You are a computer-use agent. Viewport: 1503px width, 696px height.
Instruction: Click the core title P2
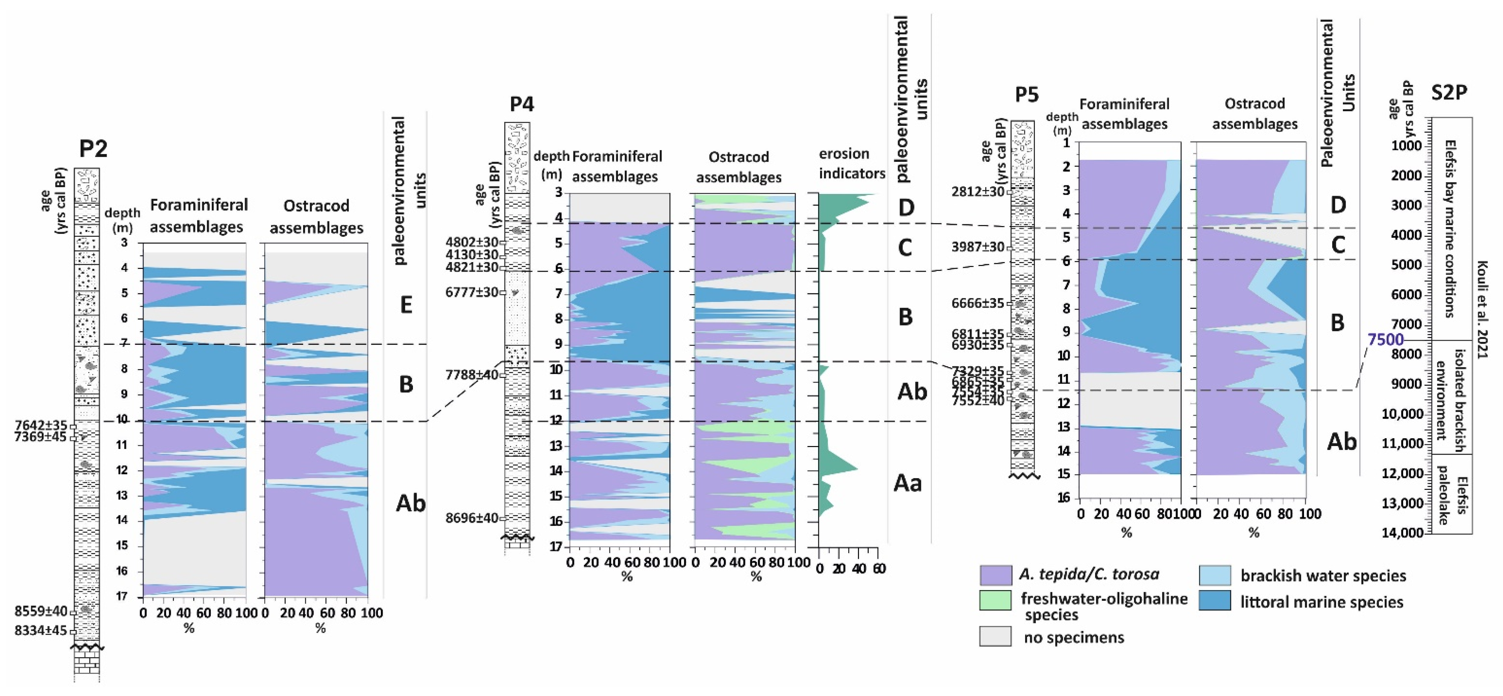pyautogui.click(x=93, y=149)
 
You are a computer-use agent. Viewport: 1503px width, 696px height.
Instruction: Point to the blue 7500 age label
pyautogui.click(x=1385, y=339)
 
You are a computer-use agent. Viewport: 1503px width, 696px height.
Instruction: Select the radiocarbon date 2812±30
pyautogui.click(x=978, y=191)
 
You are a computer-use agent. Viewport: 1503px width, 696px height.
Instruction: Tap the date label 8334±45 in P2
pyautogui.click(x=41, y=631)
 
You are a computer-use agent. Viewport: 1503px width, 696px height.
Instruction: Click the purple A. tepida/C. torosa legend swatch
pyautogui.click(x=995, y=575)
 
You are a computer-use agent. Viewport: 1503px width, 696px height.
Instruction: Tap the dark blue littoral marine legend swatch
pyautogui.click(x=1215, y=601)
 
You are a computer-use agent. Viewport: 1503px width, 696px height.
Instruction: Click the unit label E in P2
pyautogui.click(x=406, y=304)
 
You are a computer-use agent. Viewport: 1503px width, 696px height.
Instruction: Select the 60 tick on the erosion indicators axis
pyautogui.click(x=879, y=569)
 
